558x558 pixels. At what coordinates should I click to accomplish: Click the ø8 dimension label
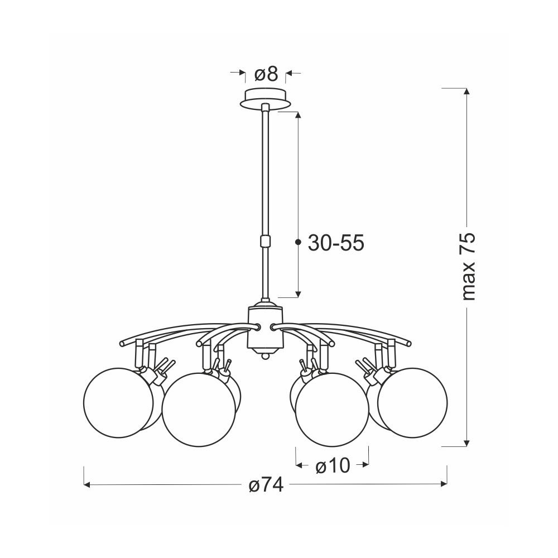click(266, 74)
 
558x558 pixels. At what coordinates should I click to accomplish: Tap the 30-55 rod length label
click(336, 243)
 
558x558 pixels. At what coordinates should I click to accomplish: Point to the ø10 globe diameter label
click(333, 465)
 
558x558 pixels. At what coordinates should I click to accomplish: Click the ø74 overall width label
click(266, 485)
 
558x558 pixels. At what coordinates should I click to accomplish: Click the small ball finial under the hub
click(265, 356)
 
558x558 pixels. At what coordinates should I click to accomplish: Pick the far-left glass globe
click(118, 403)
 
